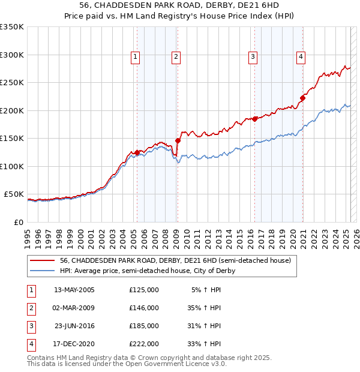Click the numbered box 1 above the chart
pos(136,57)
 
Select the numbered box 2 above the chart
pos(176,57)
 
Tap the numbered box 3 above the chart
pos(253,57)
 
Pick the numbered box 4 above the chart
pos(301,57)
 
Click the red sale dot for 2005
pos(137,152)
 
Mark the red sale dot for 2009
pos(178,141)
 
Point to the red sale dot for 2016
pos(255,119)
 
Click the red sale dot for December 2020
pos(302,98)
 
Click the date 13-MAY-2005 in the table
pos(74,290)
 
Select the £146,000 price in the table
pos(144,308)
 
